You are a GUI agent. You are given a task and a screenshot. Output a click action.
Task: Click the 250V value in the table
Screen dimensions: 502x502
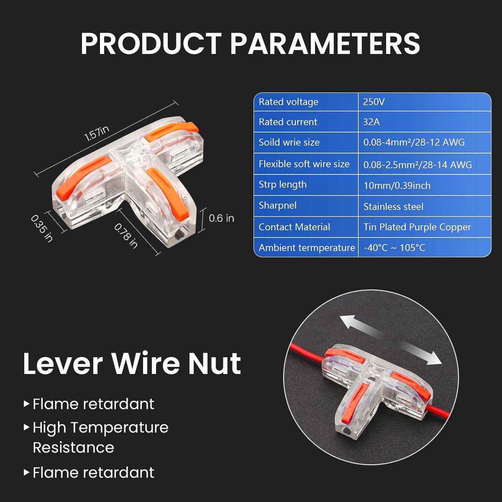coord(374,102)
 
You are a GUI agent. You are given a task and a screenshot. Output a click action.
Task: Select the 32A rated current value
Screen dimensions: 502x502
coord(371,122)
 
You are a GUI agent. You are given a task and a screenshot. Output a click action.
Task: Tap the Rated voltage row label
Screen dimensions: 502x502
coord(288,102)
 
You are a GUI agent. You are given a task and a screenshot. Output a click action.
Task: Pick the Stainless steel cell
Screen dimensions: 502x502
coord(393,207)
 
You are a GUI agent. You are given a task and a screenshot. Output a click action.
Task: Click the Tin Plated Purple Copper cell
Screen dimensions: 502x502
coord(417,227)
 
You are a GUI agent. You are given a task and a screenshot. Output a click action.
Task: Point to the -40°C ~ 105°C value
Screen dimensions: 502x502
coord(394,248)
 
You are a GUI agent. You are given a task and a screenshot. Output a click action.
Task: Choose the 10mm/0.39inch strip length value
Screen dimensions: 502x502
coord(397,186)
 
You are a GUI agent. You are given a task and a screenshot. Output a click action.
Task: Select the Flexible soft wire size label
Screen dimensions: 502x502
coord(304,164)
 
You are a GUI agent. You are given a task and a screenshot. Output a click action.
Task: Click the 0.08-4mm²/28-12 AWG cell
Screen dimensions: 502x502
coord(414,142)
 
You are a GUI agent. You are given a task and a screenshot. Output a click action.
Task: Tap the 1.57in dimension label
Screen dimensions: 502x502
coord(97,133)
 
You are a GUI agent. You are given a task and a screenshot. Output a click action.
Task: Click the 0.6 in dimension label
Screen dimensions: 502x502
coord(221,218)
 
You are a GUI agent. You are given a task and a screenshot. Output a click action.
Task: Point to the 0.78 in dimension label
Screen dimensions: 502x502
coord(126,236)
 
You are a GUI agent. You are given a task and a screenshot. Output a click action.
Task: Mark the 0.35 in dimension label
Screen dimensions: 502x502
coord(42,228)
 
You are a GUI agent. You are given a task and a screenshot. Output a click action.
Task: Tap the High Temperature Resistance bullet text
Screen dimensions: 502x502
coord(100,437)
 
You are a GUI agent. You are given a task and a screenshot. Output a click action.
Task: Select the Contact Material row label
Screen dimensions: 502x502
coord(294,227)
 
